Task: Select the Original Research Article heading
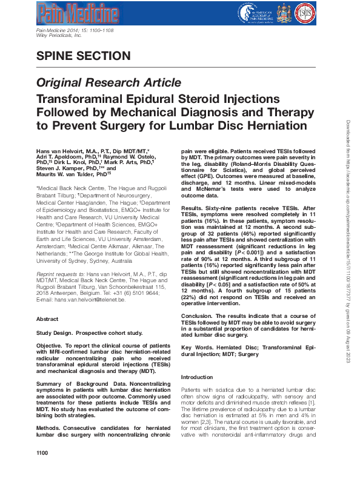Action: (x=100, y=82)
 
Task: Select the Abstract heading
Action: (x=48, y=318)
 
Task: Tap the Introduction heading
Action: (x=197, y=377)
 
